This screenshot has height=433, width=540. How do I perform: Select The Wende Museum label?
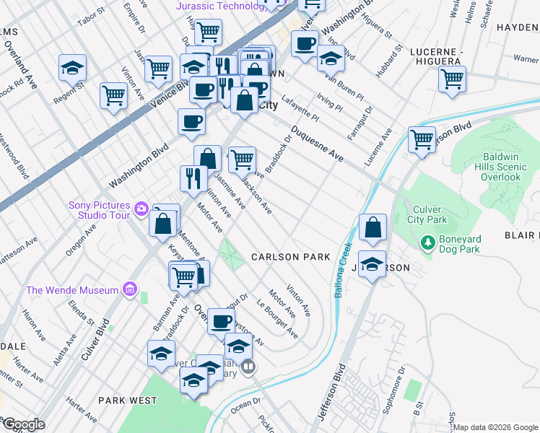coord(72,290)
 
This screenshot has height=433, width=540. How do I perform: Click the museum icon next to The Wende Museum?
coord(130,290)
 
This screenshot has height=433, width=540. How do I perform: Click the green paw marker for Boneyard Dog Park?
coord(428,243)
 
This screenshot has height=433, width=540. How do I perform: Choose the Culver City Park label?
coord(426,214)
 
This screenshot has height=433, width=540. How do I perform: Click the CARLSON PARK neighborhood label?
coord(290,257)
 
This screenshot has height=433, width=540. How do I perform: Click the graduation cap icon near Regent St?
coord(72,69)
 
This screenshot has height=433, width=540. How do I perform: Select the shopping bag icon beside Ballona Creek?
coord(373,227)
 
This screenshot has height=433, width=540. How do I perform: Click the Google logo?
coord(23,424)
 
